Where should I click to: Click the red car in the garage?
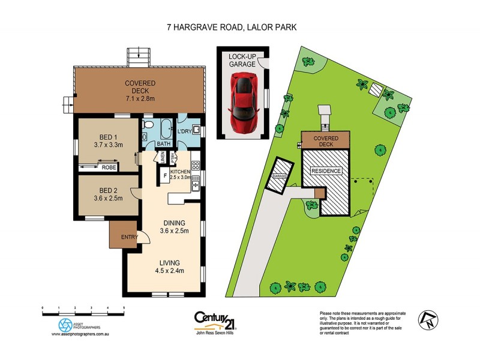pos(244,96)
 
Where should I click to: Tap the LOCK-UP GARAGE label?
pos(242,60)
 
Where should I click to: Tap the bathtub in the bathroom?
pos(163,130)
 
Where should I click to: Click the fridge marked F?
pos(166,176)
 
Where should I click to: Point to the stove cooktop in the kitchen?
pos(195,165)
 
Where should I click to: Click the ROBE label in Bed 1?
pos(109,167)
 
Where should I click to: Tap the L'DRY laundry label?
pos(184,131)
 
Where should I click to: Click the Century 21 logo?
pos(214,319)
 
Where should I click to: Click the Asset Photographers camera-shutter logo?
pos(65,325)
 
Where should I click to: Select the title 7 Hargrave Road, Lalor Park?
pos(239,27)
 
